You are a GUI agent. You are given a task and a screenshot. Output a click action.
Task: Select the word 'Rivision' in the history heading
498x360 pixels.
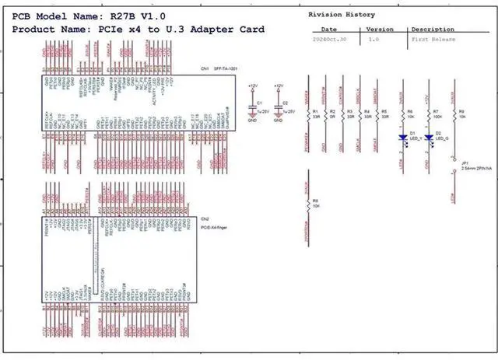tap(325, 15)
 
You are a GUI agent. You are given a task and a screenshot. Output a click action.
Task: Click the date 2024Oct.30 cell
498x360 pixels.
tap(328, 38)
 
